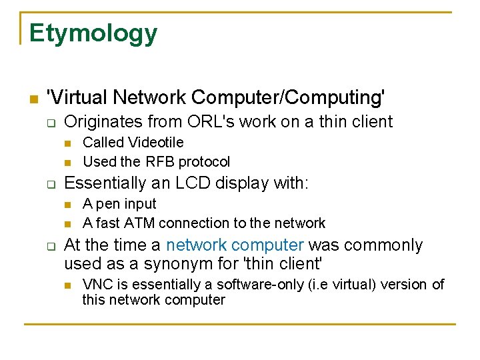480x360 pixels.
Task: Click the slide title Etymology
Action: [93, 33]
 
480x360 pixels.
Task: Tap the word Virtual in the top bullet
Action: [76, 97]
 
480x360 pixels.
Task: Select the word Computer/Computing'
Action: [288, 97]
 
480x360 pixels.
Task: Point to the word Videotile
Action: [155, 142]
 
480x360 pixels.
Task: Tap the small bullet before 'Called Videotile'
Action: [67, 143]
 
